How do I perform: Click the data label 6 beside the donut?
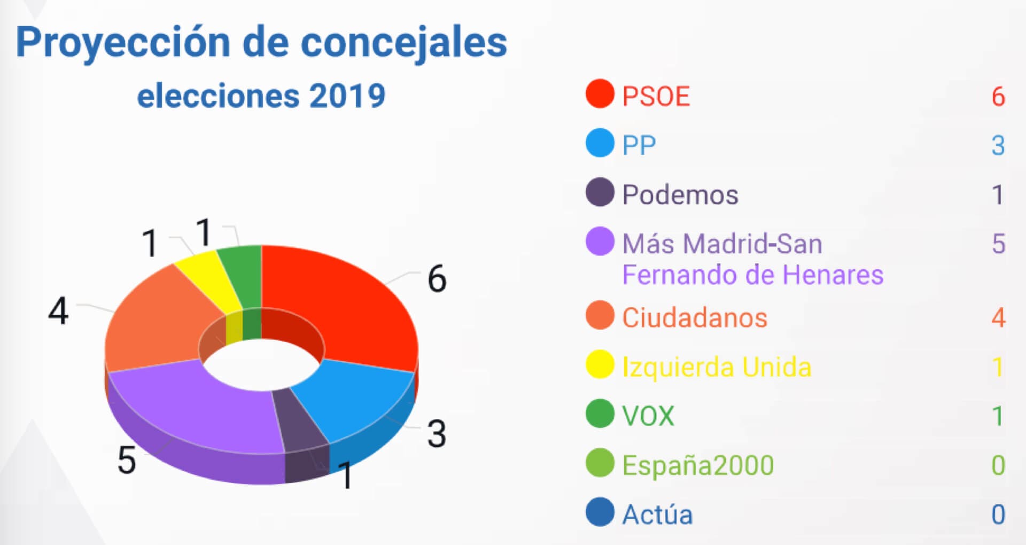[437, 278]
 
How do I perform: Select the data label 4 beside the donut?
[58, 311]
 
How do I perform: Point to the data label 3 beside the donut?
[437, 433]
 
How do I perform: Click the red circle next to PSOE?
[600, 94]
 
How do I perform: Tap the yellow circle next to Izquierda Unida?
[600, 365]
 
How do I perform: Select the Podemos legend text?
[680, 194]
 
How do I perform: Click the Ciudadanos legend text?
[695, 317]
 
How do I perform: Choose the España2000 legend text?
[698, 465]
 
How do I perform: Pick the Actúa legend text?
[657, 515]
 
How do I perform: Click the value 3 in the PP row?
[998, 145]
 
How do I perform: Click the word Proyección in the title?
[123, 43]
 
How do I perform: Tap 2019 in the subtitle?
[347, 96]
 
